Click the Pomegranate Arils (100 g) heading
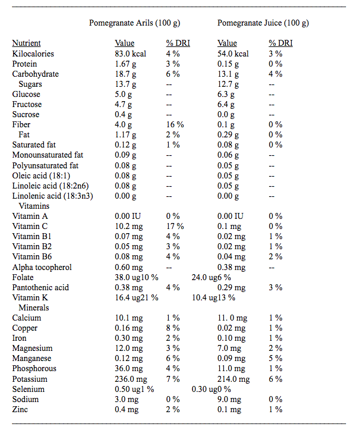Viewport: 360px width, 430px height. pyautogui.click(x=134, y=23)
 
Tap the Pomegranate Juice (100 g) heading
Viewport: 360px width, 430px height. pyautogui.click(x=263, y=23)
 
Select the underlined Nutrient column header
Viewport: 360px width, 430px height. pyautogui.click(x=26, y=43)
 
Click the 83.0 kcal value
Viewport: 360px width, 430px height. pyautogui.click(x=131, y=54)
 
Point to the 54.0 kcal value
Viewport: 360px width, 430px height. pyautogui.click(x=233, y=54)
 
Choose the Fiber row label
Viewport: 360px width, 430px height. pyautogui.click(x=21, y=124)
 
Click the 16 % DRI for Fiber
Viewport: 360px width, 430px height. pyautogui.click(x=175, y=124)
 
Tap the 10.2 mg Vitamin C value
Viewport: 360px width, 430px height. pyautogui.click(x=129, y=226)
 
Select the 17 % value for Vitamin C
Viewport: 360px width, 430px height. pyautogui.click(x=175, y=226)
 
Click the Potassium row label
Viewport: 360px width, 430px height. pyautogui.click(x=30, y=379)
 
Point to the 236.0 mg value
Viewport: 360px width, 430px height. pyautogui.click(x=131, y=379)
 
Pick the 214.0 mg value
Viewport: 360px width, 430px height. pyautogui.click(x=233, y=379)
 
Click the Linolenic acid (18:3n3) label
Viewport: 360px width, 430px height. pyautogui.click(x=53, y=196)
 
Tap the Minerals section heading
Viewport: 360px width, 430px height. pyautogui.click(x=34, y=307)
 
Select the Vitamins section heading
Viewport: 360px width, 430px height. pyautogui.click(x=34, y=206)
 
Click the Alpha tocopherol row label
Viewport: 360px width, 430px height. pyautogui.click(x=42, y=268)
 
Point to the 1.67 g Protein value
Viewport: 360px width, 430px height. pyautogui.click(x=125, y=64)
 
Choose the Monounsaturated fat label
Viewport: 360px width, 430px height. pyautogui.click(x=48, y=155)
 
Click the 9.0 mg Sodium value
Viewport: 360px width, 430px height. pyautogui.click(x=229, y=399)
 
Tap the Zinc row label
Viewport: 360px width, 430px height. pyautogui.click(x=20, y=409)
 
